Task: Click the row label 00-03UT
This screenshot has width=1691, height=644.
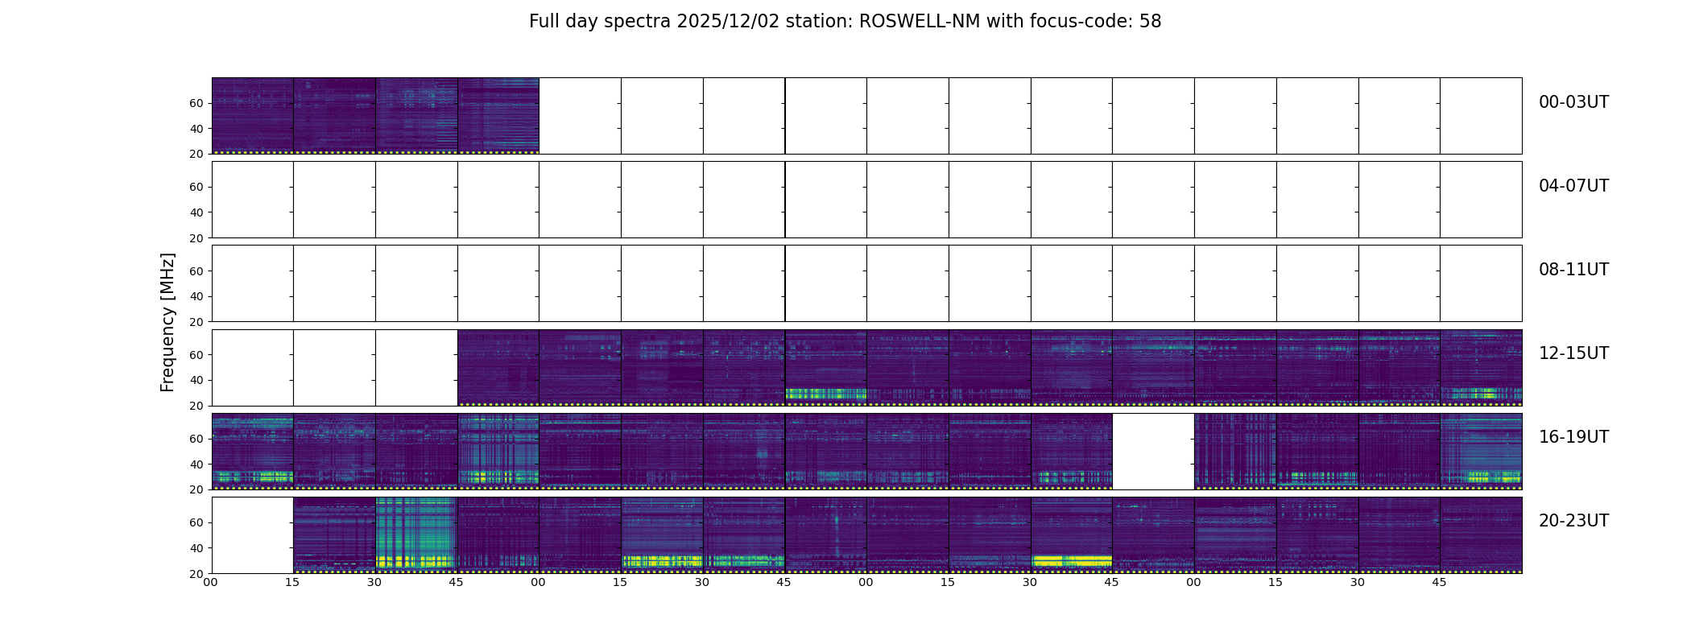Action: (x=1573, y=102)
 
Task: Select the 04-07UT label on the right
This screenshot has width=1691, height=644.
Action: (x=1573, y=186)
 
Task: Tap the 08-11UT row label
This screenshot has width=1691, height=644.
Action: (x=1573, y=270)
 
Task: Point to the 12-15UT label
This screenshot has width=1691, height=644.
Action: (x=1573, y=353)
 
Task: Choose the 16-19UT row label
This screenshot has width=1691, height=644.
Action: (x=1573, y=437)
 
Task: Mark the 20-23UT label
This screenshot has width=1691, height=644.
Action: (x=1573, y=521)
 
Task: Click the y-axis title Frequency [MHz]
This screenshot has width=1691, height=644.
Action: (x=167, y=322)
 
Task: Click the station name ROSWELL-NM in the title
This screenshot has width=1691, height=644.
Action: (x=920, y=22)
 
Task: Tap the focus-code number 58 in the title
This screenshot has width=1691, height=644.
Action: (x=1150, y=22)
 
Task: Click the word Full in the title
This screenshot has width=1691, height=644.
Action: (x=544, y=22)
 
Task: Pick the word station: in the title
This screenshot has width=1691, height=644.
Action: (x=823, y=22)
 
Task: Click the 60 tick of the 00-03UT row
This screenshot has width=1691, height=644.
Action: (x=196, y=103)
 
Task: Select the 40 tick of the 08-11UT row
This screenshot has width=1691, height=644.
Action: (x=196, y=296)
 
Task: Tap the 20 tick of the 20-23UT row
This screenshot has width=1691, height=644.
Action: (x=196, y=573)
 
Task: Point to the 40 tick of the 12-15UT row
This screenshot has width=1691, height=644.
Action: (x=196, y=380)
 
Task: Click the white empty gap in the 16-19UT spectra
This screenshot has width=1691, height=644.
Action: (x=1153, y=451)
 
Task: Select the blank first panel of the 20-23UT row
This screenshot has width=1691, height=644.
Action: (x=252, y=535)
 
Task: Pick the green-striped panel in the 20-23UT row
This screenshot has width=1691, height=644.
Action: (x=416, y=535)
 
